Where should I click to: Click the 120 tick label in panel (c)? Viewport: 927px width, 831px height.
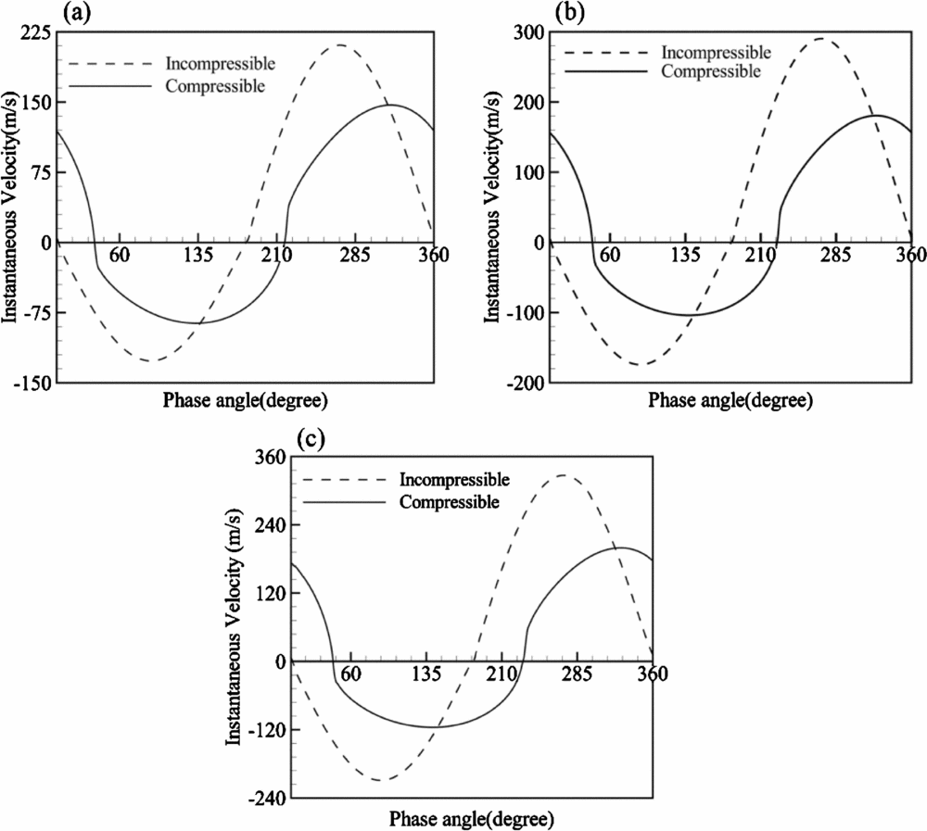pos(272,593)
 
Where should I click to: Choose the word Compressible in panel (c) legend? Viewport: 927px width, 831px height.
pos(451,501)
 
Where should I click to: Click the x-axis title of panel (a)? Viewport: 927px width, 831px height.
pos(246,400)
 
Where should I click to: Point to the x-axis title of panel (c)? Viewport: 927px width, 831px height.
pos(472,820)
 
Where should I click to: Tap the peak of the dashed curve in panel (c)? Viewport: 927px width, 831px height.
pos(565,475)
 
